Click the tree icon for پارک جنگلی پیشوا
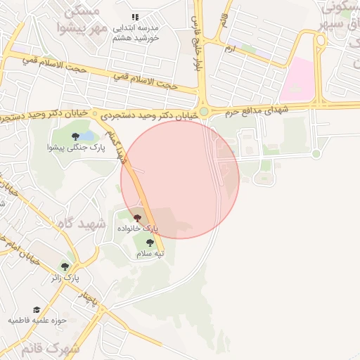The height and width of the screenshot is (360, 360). coord(75,136)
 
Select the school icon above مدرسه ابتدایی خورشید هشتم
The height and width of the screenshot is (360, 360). coord(135,17)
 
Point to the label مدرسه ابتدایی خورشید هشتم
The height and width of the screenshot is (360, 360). coord(136,32)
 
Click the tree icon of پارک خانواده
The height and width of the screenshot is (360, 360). coord(137,218)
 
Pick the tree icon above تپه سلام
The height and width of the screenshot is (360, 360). coord(150,243)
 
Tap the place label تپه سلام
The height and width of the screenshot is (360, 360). coord(150,253)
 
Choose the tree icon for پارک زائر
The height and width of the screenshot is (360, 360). coord(65,267)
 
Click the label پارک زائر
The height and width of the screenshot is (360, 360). coord(63,278)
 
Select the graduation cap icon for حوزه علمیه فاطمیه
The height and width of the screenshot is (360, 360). coord(36,309)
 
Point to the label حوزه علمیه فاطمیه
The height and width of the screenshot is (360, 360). coord(37,321)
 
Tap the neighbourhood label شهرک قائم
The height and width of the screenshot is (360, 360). coord(50,348)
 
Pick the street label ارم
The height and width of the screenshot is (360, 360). coord(230,49)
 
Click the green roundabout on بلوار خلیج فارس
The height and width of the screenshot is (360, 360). coord(204,111)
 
